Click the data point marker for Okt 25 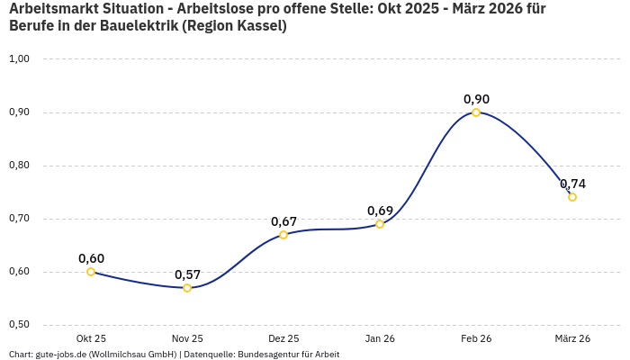pyautogui.click(x=91, y=272)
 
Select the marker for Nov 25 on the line pyautogui.click(x=187, y=288)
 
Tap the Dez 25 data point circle pyautogui.click(x=283, y=235)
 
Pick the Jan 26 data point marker pyautogui.click(x=380, y=224)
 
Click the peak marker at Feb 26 pyautogui.click(x=476, y=112)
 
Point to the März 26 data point pyautogui.click(x=572, y=197)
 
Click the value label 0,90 pyautogui.click(x=476, y=99)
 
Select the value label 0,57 pyautogui.click(x=187, y=274)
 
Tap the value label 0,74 pyautogui.click(x=572, y=184)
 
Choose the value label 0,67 pyautogui.click(x=283, y=221)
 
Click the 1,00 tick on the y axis pyautogui.click(x=19, y=59)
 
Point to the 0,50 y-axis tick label pyautogui.click(x=19, y=325)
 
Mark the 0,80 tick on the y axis pyautogui.click(x=19, y=166)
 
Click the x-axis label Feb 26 pyautogui.click(x=476, y=338)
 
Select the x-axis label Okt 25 pyautogui.click(x=91, y=338)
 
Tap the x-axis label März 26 pyautogui.click(x=572, y=338)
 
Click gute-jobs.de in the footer pyautogui.click(x=60, y=354)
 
